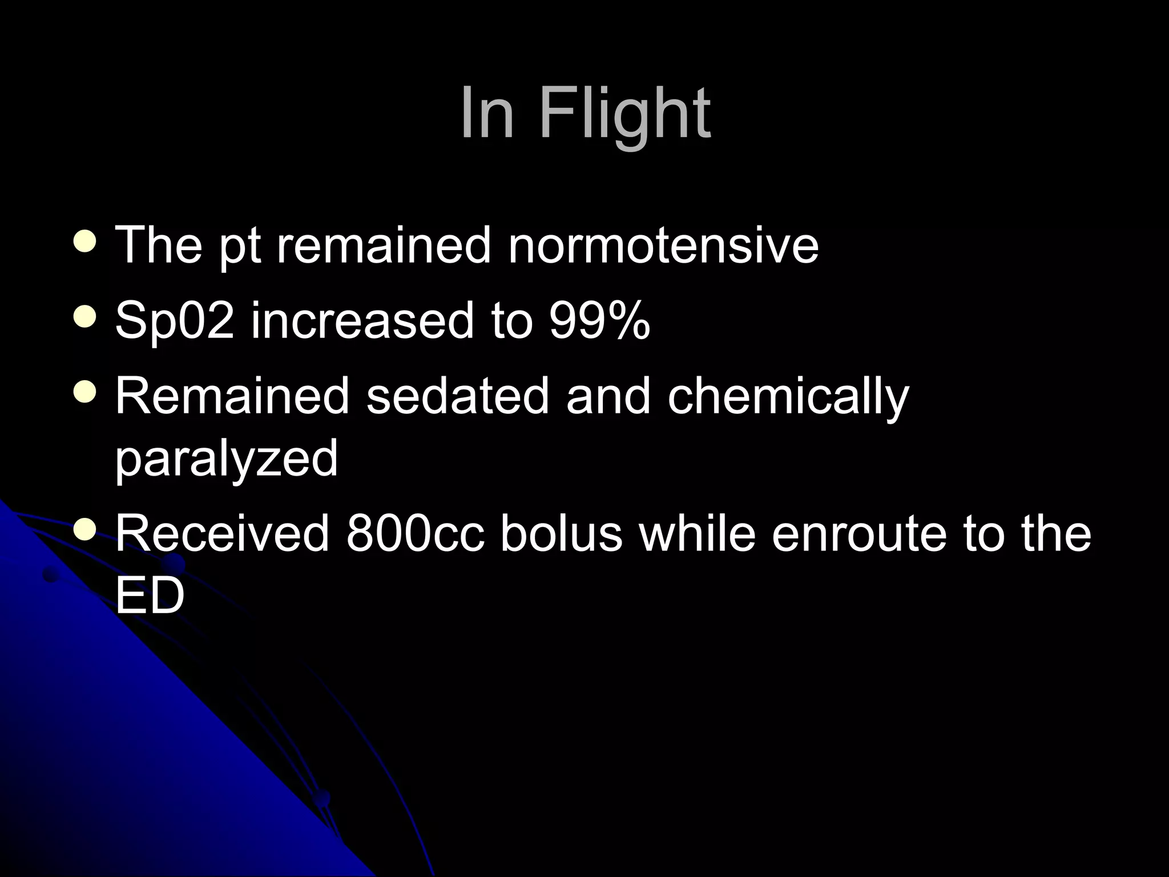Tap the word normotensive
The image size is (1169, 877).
[x=663, y=245]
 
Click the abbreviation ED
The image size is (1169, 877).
[x=150, y=595]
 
